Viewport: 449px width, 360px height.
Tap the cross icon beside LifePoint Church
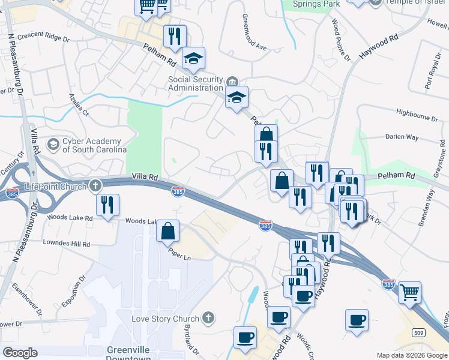click(x=95, y=187)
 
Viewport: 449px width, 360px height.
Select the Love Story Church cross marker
click(x=208, y=318)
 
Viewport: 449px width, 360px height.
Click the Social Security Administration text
click(x=196, y=83)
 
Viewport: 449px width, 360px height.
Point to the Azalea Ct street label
click(x=79, y=104)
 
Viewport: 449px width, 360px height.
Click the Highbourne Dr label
click(x=418, y=112)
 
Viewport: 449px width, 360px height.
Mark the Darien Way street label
click(x=402, y=137)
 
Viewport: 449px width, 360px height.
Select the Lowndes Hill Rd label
click(x=66, y=244)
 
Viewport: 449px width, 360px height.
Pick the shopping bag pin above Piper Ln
click(x=168, y=230)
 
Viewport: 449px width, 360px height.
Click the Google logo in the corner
click(x=20, y=353)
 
